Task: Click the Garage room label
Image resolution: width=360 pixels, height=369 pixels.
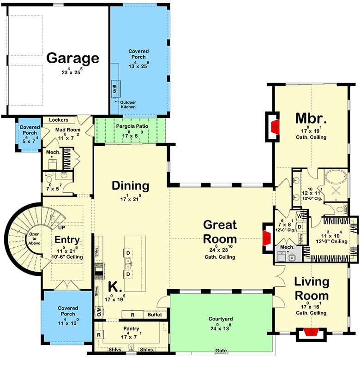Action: pyautogui.click(x=73, y=58)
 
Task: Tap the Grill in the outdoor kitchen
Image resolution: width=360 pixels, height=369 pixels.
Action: pyautogui.click(x=114, y=88)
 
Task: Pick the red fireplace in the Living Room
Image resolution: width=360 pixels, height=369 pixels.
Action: pyautogui.click(x=309, y=332)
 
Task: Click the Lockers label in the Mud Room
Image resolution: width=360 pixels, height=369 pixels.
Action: pyautogui.click(x=58, y=120)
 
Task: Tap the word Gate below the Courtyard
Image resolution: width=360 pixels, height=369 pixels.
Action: pyautogui.click(x=221, y=351)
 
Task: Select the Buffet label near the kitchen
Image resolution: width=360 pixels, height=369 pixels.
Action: pyautogui.click(x=155, y=315)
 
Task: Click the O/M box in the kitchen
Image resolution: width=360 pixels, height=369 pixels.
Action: pyautogui.click(x=98, y=312)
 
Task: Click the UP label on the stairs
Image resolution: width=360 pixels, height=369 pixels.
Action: pyautogui.click(x=61, y=227)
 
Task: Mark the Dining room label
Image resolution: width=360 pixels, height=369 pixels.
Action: pyautogui.click(x=131, y=186)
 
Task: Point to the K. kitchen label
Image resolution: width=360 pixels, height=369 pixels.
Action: pyautogui.click(x=115, y=287)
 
